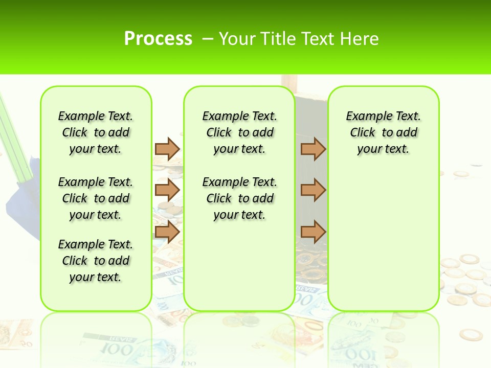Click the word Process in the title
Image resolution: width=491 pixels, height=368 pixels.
[x=158, y=39]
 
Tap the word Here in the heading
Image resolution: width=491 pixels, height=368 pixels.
[x=361, y=39]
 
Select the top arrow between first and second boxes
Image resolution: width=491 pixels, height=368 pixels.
[x=167, y=149]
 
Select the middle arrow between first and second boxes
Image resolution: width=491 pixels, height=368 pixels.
[x=167, y=190]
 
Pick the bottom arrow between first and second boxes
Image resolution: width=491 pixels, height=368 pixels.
[x=167, y=232]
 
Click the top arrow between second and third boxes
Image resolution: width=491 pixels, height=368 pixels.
[x=313, y=149]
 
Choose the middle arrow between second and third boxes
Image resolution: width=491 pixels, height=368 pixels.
[x=313, y=190]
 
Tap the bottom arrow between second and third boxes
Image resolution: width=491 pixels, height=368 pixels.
[x=313, y=232]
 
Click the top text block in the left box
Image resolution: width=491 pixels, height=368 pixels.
[x=96, y=132]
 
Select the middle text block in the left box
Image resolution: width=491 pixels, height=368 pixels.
[x=96, y=198]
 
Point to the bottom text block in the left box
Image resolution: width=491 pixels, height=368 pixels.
[x=96, y=261]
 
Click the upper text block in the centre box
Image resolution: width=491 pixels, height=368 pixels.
[x=239, y=132]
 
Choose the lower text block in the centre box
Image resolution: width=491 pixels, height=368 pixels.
[x=239, y=198]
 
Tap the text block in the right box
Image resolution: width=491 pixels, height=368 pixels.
[x=383, y=132]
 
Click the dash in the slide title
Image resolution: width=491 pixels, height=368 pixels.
[x=208, y=39]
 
